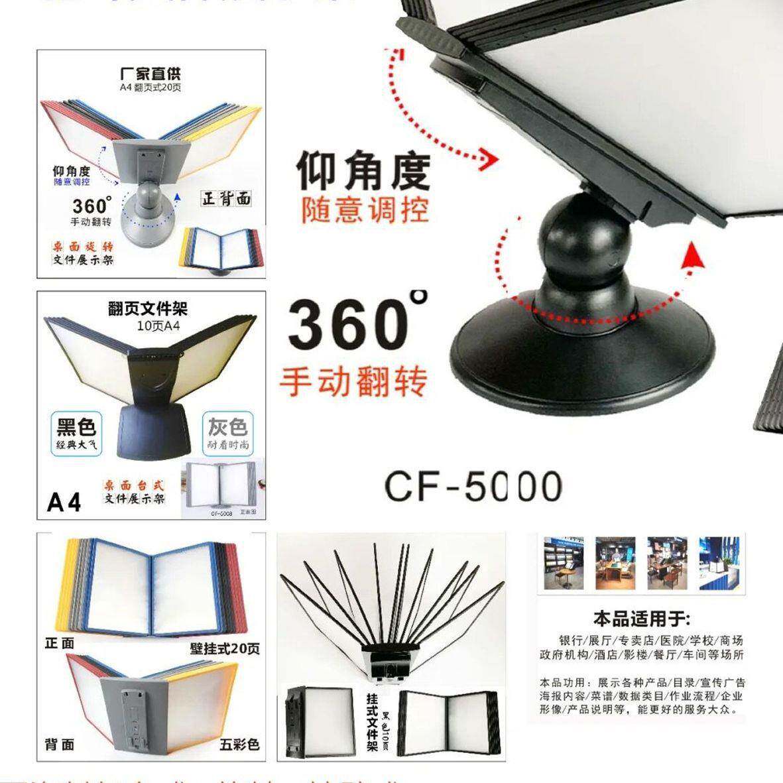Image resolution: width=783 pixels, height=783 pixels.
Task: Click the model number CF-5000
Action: click(x=473, y=487)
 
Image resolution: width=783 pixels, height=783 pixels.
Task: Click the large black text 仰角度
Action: click(x=363, y=171)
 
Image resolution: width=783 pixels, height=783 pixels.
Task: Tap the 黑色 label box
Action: click(x=76, y=434)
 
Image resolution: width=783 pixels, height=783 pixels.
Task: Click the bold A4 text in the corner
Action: click(x=64, y=503)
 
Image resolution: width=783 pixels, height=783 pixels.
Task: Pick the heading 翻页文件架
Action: click(x=148, y=308)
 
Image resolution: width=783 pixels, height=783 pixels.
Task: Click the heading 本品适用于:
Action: click(x=641, y=620)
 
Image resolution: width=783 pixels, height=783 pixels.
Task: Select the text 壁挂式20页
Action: click(x=225, y=648)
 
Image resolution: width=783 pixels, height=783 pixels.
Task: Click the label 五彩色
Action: click(x=239, y=745)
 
